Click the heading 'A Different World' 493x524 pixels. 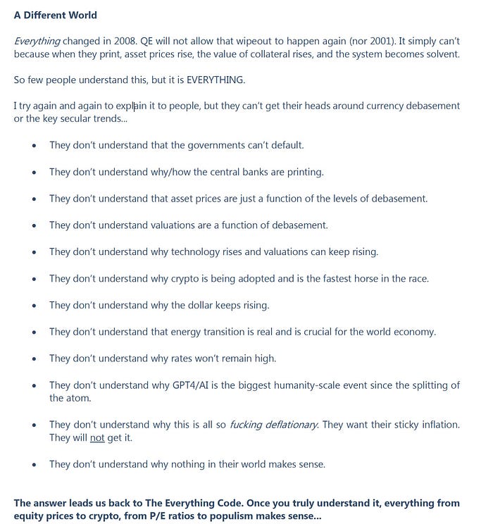(56, 15)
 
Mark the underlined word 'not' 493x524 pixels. (97, 437)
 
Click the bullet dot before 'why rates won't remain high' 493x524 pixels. (34, 358)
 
